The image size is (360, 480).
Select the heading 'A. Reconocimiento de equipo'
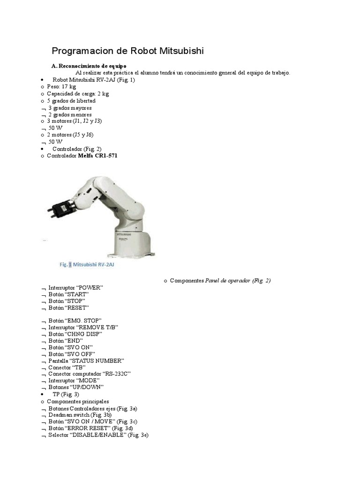89,66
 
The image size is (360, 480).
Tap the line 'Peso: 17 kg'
61,87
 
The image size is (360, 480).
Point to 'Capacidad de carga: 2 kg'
78,94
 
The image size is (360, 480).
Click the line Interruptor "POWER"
75,287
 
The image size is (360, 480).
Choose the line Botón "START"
68,294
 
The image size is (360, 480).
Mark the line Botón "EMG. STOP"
75,320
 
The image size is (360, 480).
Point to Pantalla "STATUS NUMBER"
86,360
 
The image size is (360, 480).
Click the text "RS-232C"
116,374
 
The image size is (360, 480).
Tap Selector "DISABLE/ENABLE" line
98,435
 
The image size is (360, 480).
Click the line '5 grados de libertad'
71,101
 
